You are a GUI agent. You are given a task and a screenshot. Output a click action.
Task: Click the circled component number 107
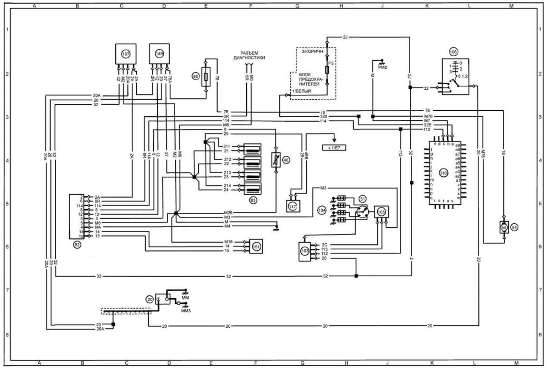click(125, 54)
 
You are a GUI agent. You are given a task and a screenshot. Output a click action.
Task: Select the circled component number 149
click(159, 54)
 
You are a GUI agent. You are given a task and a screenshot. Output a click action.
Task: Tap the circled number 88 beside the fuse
click(196, 77)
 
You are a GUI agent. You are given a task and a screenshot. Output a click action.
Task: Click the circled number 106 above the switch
click(453, 52)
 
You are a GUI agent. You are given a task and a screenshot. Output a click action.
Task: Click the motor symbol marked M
click(504, 227)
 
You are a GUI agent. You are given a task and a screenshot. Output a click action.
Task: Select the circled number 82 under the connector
click(77, 245)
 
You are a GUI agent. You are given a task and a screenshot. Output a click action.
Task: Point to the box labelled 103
click(304, 251)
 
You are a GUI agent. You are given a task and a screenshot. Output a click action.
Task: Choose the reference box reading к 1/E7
click(335, 148)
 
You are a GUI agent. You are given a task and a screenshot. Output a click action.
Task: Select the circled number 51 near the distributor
click(362, 199)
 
